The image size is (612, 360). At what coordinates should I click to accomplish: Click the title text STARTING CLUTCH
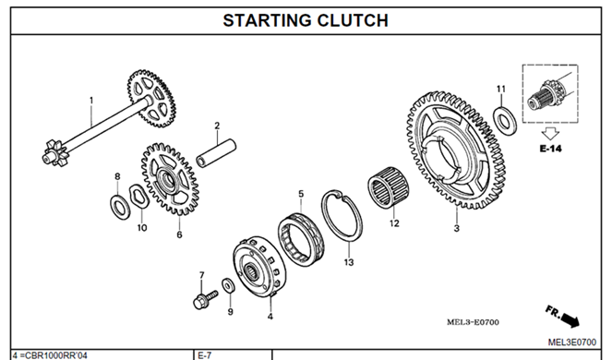pos(306,20)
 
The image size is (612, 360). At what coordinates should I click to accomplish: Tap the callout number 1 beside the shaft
pos(91,101)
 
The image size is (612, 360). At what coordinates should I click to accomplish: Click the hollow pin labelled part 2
pos(216,153)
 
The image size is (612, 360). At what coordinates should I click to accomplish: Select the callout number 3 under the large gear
pos(457,228)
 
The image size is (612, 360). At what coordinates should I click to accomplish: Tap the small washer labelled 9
pos(228,285)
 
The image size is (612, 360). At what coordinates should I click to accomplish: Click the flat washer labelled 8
pos(119,206)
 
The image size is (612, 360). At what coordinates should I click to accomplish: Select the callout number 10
pos(141,228)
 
